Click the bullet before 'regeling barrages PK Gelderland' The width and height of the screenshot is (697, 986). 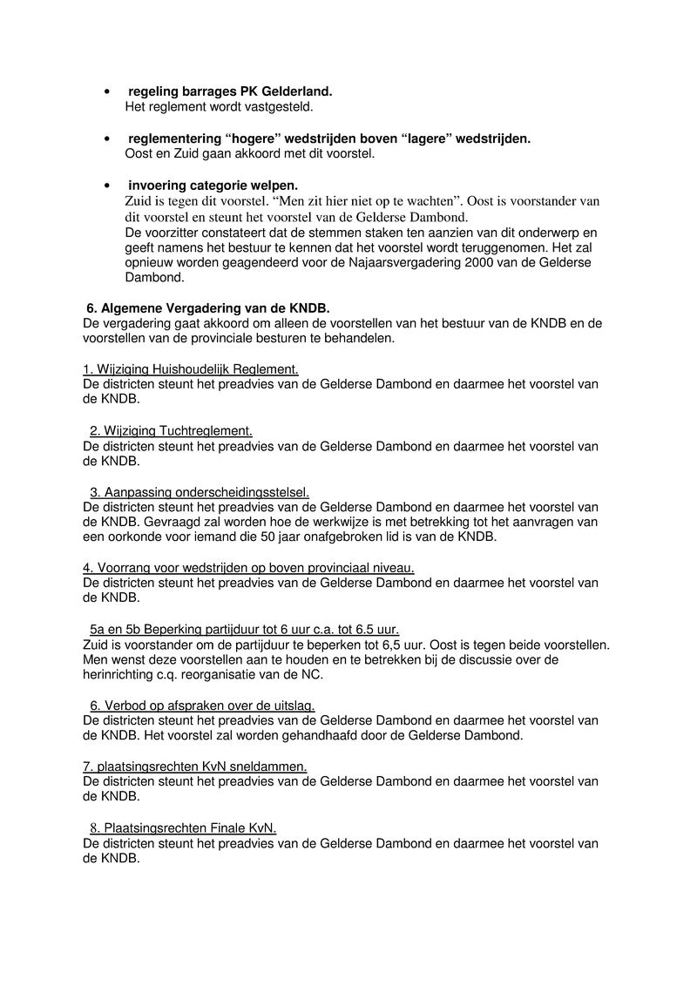[106, 91]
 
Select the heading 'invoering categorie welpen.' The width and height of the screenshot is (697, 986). [213, 186]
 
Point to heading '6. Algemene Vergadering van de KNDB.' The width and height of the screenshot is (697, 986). [207, 307]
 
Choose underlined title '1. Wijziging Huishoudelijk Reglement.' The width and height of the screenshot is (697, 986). [191, 369]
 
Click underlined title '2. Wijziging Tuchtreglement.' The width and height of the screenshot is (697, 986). [171, 431]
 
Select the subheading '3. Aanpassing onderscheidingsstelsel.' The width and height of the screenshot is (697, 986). [200, 492]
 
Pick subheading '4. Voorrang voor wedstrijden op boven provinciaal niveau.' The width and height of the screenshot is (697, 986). [248, 568]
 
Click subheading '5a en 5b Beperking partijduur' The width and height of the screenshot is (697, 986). [245, 630]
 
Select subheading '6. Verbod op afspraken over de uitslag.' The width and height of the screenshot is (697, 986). [202, 706]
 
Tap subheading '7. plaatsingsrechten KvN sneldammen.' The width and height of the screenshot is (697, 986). [195, 767]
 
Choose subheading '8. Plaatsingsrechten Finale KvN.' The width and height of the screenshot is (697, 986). [183, 827]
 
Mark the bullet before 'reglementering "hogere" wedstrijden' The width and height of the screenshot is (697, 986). [106, 138]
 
